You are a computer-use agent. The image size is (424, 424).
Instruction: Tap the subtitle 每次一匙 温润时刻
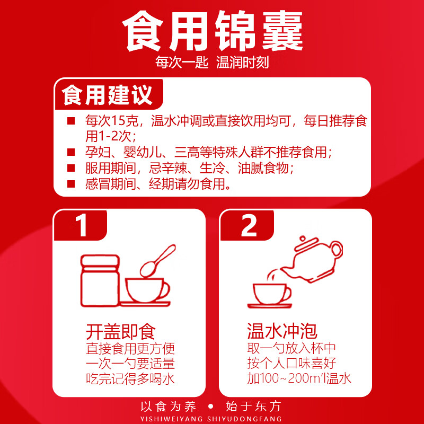coord(212,63)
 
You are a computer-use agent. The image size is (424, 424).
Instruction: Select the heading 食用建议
coord(108,96)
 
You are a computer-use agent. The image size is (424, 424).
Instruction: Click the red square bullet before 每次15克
coord(70,121)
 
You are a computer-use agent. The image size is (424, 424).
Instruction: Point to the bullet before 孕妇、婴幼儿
coord(70,153)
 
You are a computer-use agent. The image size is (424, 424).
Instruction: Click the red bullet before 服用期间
coord(70,168)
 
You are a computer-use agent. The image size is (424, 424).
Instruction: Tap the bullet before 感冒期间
coord(70,184)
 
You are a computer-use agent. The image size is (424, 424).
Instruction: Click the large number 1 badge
coord(82,226)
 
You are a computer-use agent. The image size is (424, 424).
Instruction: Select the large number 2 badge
coord(249,226)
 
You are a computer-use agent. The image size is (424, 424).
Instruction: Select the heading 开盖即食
coord(121,332)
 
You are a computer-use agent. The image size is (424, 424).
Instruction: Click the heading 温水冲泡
coord(282,332)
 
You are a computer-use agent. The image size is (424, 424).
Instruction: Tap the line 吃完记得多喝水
coord(130,379)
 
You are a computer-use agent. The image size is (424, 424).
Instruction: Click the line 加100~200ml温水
coord(299,379)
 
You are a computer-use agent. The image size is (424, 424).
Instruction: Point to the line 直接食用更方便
coord(130,349)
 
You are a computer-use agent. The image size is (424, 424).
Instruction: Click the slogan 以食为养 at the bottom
coord(169,407)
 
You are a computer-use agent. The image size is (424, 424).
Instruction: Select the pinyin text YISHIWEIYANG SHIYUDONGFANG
coord(211,417)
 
